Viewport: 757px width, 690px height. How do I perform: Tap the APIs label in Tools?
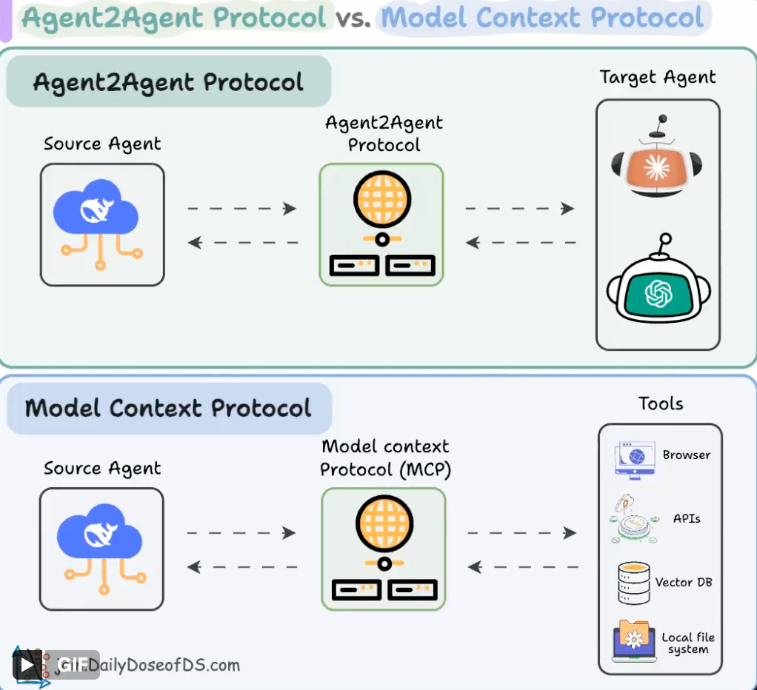pos(687,518)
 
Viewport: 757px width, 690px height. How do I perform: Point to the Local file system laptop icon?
pos(634,640)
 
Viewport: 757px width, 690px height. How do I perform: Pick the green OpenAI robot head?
pos(658,292)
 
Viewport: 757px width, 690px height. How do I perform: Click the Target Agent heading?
pos(658,78)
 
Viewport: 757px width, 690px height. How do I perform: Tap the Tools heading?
pos(661,403)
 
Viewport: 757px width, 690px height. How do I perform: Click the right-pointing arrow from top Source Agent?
pos(242,209)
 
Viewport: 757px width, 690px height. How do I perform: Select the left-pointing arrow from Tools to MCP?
pos(523,568)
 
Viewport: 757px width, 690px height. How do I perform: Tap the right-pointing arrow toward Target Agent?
pos(520,209)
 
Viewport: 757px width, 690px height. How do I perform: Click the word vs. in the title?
pos(353,17)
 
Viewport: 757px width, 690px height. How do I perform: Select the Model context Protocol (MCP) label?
pos(385,458)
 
